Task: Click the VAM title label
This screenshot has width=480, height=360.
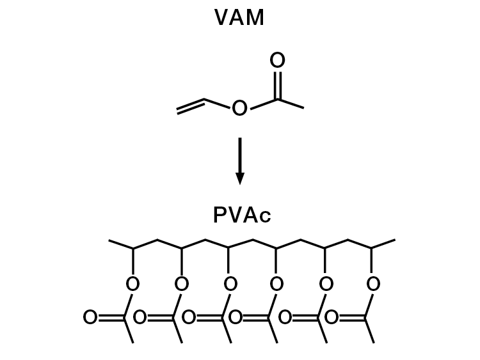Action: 239,18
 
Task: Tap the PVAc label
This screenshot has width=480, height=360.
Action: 241,215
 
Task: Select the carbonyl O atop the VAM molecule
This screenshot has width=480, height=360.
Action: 277,61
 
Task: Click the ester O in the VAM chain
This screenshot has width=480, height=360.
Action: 239,109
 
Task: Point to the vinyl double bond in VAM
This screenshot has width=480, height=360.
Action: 191,107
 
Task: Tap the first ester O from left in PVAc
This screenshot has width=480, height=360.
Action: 133,284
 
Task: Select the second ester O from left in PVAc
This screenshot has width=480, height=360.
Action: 182,284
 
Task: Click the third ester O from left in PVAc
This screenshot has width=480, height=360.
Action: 230,284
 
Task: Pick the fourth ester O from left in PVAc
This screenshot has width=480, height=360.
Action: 277,284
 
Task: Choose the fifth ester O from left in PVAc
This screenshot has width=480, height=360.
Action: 326,284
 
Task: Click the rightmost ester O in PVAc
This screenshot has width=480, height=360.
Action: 374,284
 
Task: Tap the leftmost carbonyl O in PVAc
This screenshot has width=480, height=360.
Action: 90,317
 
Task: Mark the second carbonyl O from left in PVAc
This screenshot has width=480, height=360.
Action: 140,317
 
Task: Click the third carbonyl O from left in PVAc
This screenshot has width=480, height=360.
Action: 188,317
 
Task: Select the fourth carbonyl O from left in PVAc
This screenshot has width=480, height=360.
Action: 236,317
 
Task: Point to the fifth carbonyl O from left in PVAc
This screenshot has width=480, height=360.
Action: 284,317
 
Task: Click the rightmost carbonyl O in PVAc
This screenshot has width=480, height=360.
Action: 332,317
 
